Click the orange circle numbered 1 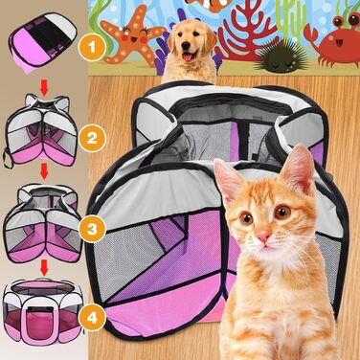(92, 48)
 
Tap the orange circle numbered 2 (92, 138)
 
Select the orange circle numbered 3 (92, 229)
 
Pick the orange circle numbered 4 (92, 317)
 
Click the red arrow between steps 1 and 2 (44, 88)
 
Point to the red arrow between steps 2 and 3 (44, 172)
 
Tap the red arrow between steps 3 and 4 (44, 267)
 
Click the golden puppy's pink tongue (187, 56)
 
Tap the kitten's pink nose (264, 236)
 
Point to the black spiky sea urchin (281, 56)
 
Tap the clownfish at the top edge (208, 4)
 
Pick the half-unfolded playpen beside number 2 (40, 130)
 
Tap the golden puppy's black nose (187, 47)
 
